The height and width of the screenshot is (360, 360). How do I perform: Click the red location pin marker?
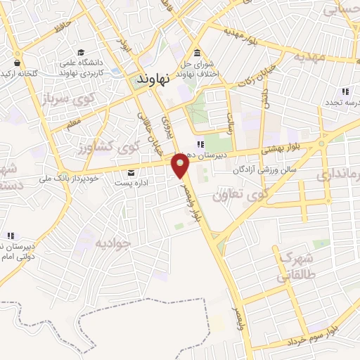pyautogui.click(x=181, y=166)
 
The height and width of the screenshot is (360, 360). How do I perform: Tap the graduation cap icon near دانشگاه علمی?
pyautogui.click(x=81, y=52)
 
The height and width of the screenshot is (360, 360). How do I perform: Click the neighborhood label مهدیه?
pyautogui.click(x=310, y=56)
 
